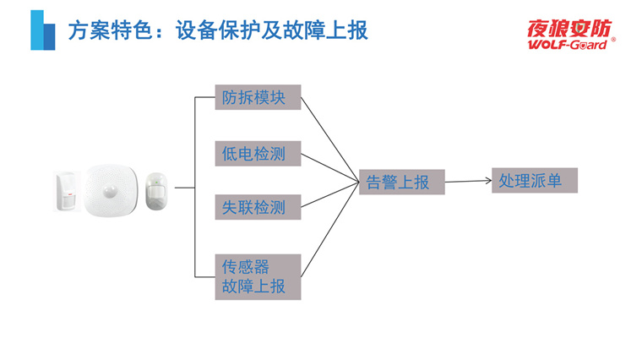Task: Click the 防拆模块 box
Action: point(258,97)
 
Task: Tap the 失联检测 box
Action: point(258,207)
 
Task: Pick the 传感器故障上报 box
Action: point(258,276)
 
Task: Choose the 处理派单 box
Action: point(534,180)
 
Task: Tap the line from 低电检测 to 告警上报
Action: point(329,167)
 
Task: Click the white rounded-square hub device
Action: point(108,191)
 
